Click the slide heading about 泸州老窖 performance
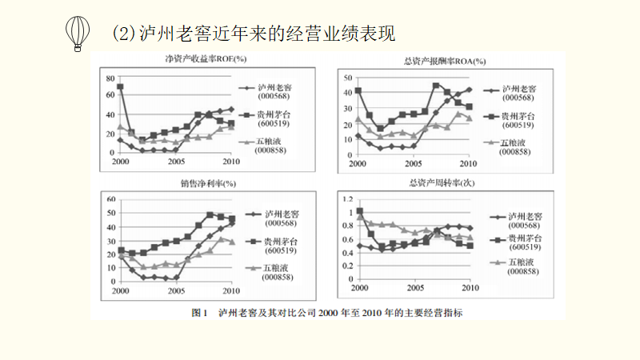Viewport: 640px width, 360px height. tap(254, 34)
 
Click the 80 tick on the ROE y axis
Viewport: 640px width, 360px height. tap(108, 77)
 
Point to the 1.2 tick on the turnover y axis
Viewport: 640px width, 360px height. tap(347, 198)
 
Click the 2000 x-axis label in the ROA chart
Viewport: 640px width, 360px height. tap(359, 162)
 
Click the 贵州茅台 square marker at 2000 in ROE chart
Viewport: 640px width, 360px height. tap(120, 86)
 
